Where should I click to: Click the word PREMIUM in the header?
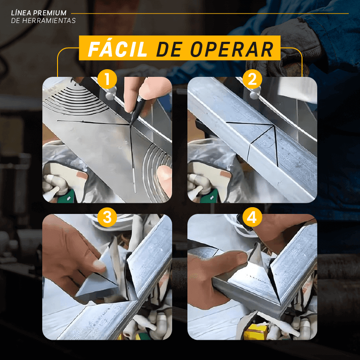(54, 13)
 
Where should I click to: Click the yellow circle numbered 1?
(107, 80)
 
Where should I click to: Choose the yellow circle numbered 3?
(107, 218)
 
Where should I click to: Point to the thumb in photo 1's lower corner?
(164, 176)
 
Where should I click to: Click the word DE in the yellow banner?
(169, 49)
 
